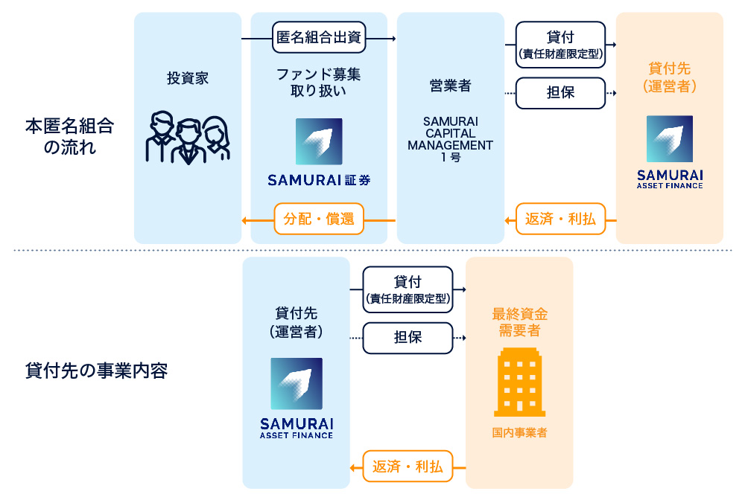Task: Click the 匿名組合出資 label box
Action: tap(319, 37)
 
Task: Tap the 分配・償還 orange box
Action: tap(319, 219)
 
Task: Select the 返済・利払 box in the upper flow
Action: tap(560, 219)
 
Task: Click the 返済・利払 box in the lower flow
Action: tap(408, 467)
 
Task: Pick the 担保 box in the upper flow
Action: tap(560, 93)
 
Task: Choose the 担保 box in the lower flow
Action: tap(408, 337)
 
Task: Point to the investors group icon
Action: tap(187, 138)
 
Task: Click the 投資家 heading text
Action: tap(187, 79)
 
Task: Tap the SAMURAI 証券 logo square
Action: tap(319, 141)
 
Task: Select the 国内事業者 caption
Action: tap(519, 432)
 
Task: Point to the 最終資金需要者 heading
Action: tap(519, 321)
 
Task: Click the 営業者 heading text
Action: tap(450, 86)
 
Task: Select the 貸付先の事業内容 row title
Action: tap(96, 370)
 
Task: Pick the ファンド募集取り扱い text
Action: tap(319, 83)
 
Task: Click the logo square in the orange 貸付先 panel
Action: tap(669, 139)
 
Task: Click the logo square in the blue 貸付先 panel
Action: tap(297, 383)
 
